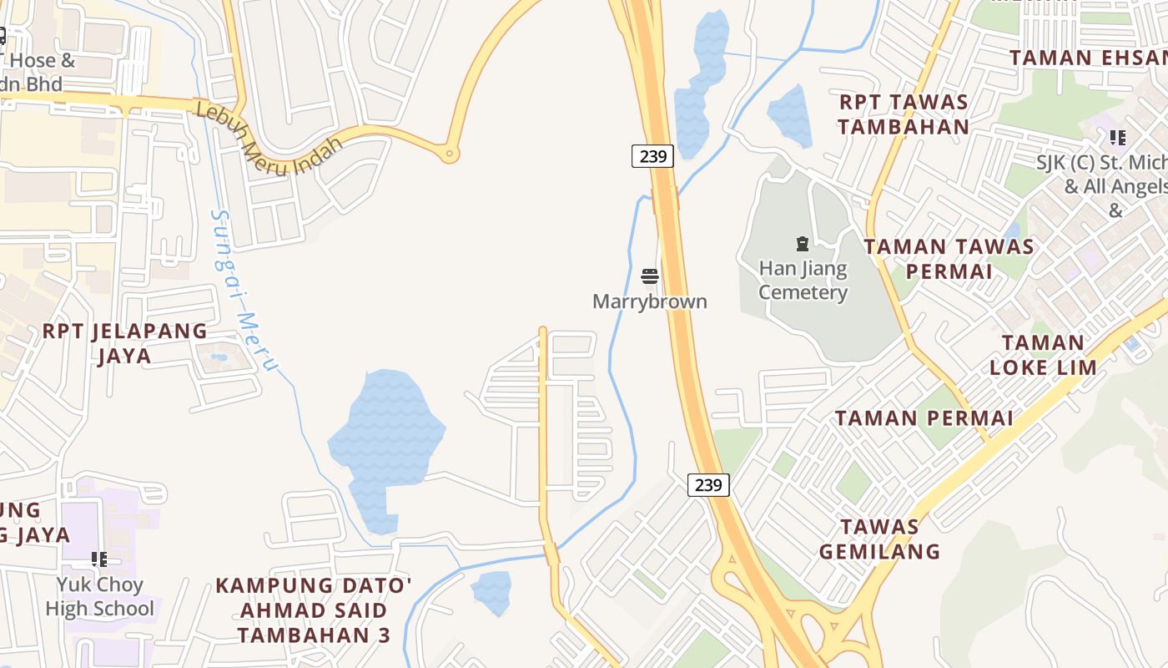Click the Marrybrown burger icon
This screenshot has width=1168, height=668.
pyautogui.click(x=650, y=276)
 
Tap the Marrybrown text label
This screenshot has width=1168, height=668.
pyautogui.click(x=650, y=301)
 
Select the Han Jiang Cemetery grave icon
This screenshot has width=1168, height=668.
pyautogui.click(x=802, y=244)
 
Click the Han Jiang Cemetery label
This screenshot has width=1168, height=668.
pyautogui.click(x=803, y=281)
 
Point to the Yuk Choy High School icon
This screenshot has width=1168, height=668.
pyautogui.click(x=99, y=559)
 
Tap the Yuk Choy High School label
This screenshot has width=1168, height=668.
pyautogui.click(x=100, y=596)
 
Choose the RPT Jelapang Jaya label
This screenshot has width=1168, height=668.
pyautogui.click(x=125, y=343)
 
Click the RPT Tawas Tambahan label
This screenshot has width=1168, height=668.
pyautogui.click(x=904, y=114)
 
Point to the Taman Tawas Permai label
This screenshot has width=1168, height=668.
pyautogui.click(x=949, y=259)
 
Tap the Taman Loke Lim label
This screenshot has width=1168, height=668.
pyautogui.click(x=1043, y=355)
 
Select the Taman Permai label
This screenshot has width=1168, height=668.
pyautogui.click(x=924, y=418)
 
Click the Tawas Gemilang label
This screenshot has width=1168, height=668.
pyautogui.click(x=879, y=539)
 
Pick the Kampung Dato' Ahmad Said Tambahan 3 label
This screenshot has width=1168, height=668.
pyautogui.click(x=314, y=610)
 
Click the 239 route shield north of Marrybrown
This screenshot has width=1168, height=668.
pyautogui.click(x=652, y=155)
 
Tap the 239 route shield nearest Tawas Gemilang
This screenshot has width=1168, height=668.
pyautogui.click(x=708, y=484)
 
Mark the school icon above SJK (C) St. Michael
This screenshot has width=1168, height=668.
pyautogui.click(x=1117, y=138)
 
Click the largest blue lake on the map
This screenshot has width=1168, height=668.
pyautogui.click(x=386, y=443)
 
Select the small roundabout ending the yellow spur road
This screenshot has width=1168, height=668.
pyautogui.click(x=450, y=154)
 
